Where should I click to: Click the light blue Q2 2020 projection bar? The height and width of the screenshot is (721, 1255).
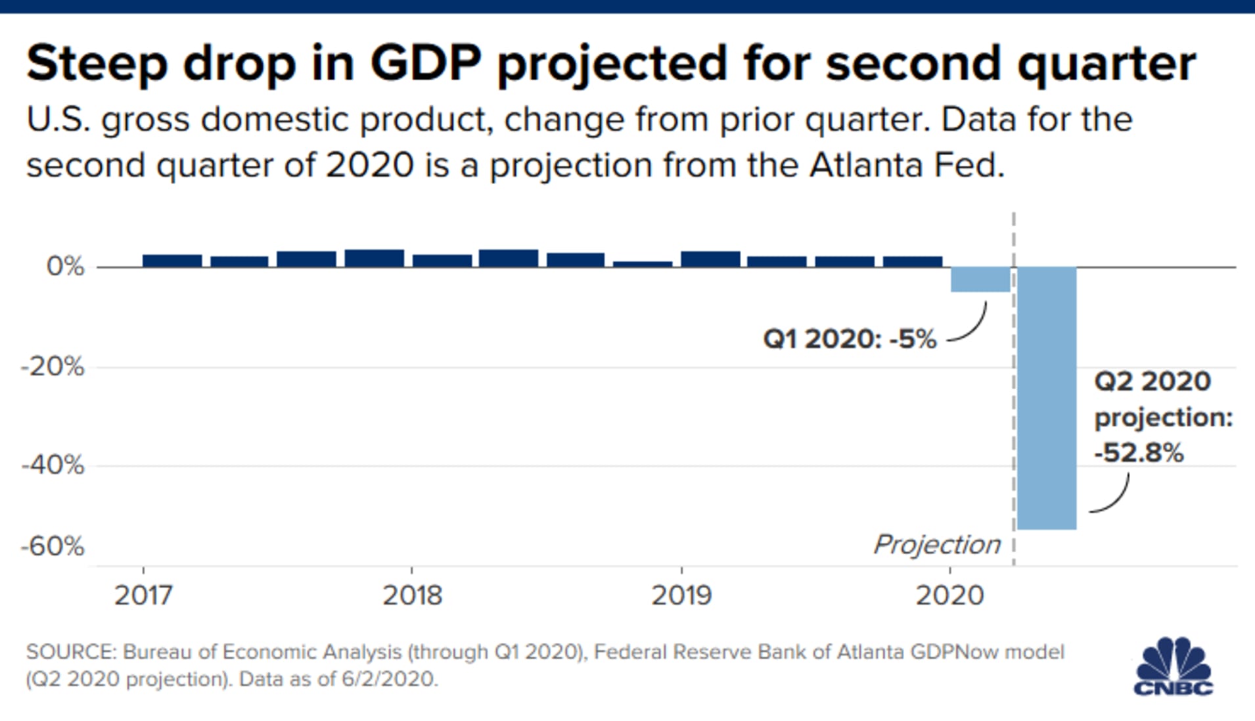coord(1047,398)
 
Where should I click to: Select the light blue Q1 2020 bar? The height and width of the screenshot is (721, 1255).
coord(980,279)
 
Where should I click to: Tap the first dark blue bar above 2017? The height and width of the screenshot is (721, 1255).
coord(172,260)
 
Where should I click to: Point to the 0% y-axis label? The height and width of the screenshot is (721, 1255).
coord(65,267)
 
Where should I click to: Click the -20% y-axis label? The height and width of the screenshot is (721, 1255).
coord(53,367)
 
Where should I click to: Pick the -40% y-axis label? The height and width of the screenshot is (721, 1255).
coord(53,466)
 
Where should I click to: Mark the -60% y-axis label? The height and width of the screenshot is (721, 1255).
coord(53,546)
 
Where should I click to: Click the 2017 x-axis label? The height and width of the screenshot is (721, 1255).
coord(143,595)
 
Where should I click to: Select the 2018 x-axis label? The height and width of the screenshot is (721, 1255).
coord(413,595)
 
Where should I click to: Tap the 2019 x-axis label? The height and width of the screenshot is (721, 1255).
coord(681,595)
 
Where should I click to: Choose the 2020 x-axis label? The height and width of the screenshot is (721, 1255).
coord(949,595)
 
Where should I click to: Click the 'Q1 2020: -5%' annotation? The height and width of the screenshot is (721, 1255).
coord(850,339)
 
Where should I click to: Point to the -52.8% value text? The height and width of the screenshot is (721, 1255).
coord(1139,453)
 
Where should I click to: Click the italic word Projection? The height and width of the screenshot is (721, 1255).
coord(936,544)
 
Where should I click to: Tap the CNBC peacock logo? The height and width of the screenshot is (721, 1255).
coord(1174,666)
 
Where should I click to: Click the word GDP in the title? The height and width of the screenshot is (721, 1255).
coord(426,64)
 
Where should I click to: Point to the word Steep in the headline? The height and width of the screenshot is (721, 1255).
coord(97,64)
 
